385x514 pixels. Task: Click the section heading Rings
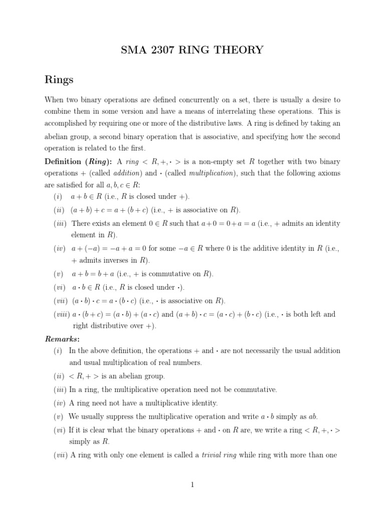(59, 79)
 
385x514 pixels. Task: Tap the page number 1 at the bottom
(192, 484)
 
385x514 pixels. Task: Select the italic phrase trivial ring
(219, 455)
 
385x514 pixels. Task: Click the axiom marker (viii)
(61, 315)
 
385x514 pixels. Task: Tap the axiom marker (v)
(58, 274)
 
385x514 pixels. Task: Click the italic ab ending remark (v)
(313, 417)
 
